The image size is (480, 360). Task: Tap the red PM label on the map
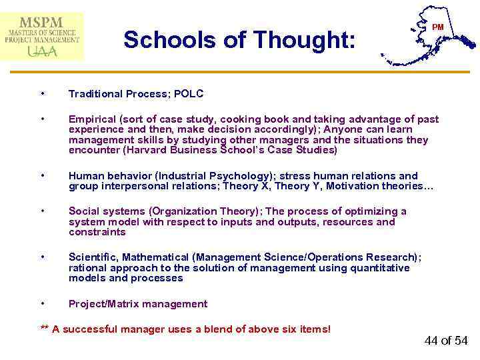(437, 27)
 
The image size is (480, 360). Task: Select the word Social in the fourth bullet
(83, 211)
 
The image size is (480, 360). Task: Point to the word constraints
(97, 232)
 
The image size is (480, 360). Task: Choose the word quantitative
(379, 268)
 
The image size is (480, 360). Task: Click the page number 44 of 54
(445, 341)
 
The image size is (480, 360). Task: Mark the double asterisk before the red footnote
(45, 329)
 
